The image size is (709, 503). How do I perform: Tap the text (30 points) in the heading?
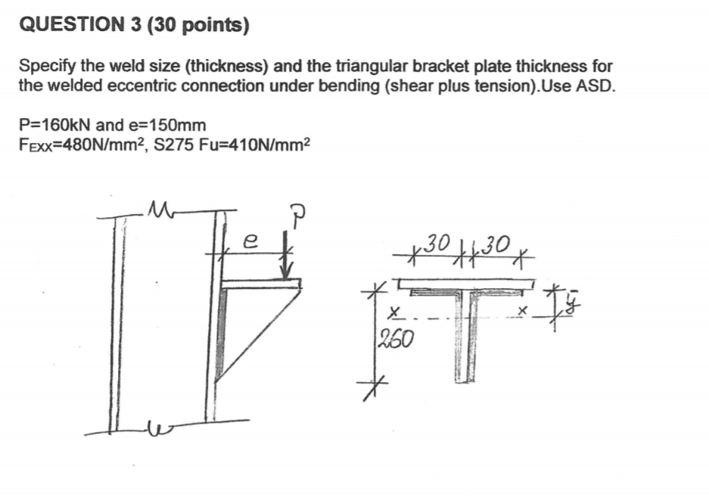199,26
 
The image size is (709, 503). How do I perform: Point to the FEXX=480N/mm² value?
82,144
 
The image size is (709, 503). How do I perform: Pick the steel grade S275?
176,144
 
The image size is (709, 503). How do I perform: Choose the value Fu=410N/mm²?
254,144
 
